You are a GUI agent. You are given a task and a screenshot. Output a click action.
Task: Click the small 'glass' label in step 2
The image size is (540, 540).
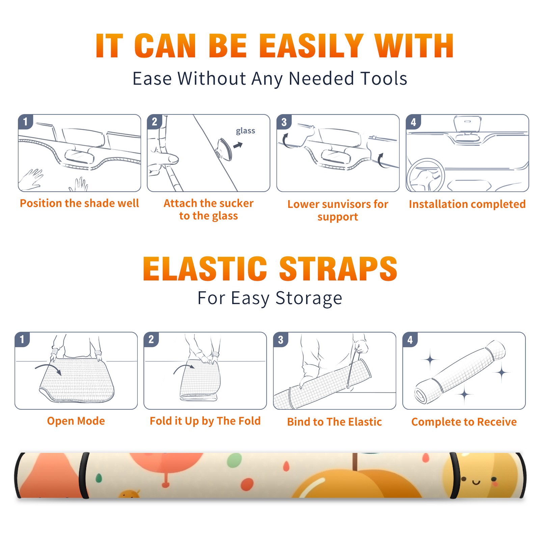click(245, 131)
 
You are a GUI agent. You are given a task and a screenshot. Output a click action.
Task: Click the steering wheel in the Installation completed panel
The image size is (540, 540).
click(425, 175)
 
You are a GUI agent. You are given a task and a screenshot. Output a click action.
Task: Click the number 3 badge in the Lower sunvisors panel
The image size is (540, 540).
click(284, 122)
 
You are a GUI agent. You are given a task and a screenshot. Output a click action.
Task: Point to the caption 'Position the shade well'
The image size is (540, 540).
click(79, 203)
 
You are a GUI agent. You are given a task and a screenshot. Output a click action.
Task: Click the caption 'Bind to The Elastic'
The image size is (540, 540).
click(334, 422)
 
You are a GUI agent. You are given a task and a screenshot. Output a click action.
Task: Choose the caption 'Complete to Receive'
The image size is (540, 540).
click(464, 422)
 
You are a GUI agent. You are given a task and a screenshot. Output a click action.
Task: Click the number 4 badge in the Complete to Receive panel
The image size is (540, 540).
click(410, 340)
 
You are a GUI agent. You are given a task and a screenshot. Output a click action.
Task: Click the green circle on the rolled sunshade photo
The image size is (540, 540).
click(234, 460)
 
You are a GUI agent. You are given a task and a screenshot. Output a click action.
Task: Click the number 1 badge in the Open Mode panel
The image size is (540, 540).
click(22, 339)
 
